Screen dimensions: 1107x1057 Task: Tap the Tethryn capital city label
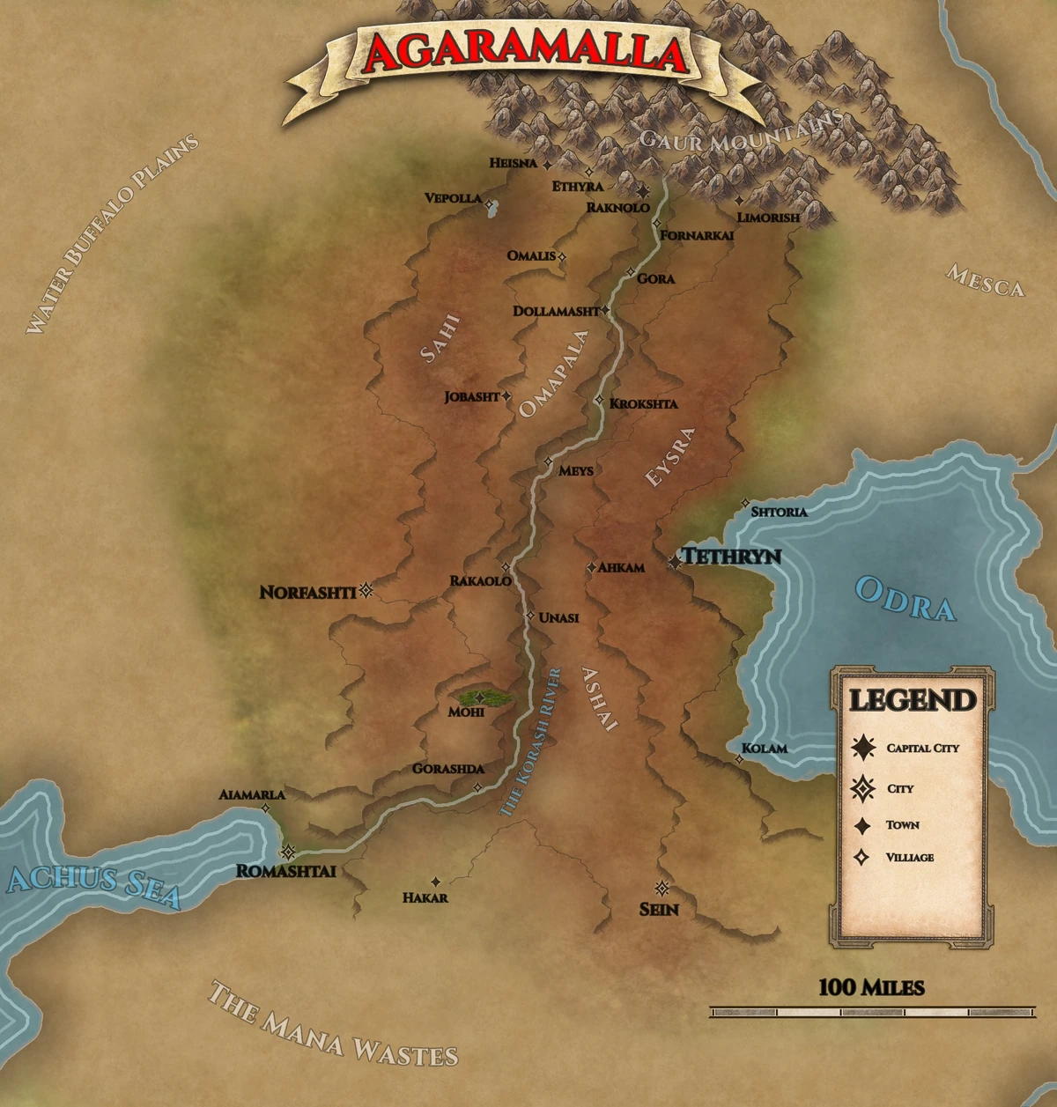[x=732, y=557]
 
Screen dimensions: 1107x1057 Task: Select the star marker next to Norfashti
[x=366, y=590]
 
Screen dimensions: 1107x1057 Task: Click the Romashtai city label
[x=286, y=871]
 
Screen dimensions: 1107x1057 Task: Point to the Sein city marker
[x=662, y=888]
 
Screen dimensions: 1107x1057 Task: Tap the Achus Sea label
[x=92, y=885]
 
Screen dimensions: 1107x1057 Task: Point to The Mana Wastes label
[x=333, y=1023]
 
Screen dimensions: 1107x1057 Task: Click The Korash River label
[x=530, y=742]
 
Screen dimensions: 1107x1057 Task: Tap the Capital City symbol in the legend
[x=863, y=748]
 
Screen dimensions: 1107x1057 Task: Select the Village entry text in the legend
[x=910, y=857]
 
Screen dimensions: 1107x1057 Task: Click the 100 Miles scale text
[x=871, y=987]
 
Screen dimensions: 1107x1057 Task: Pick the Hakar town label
[x=425, y=897]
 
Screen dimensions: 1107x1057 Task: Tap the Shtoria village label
[x=779, y=511]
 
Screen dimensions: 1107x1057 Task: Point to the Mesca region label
[x=986, y=281]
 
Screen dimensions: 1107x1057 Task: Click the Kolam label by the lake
[x=764, y=749]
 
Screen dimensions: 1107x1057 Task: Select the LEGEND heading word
[x=913, y=701]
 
